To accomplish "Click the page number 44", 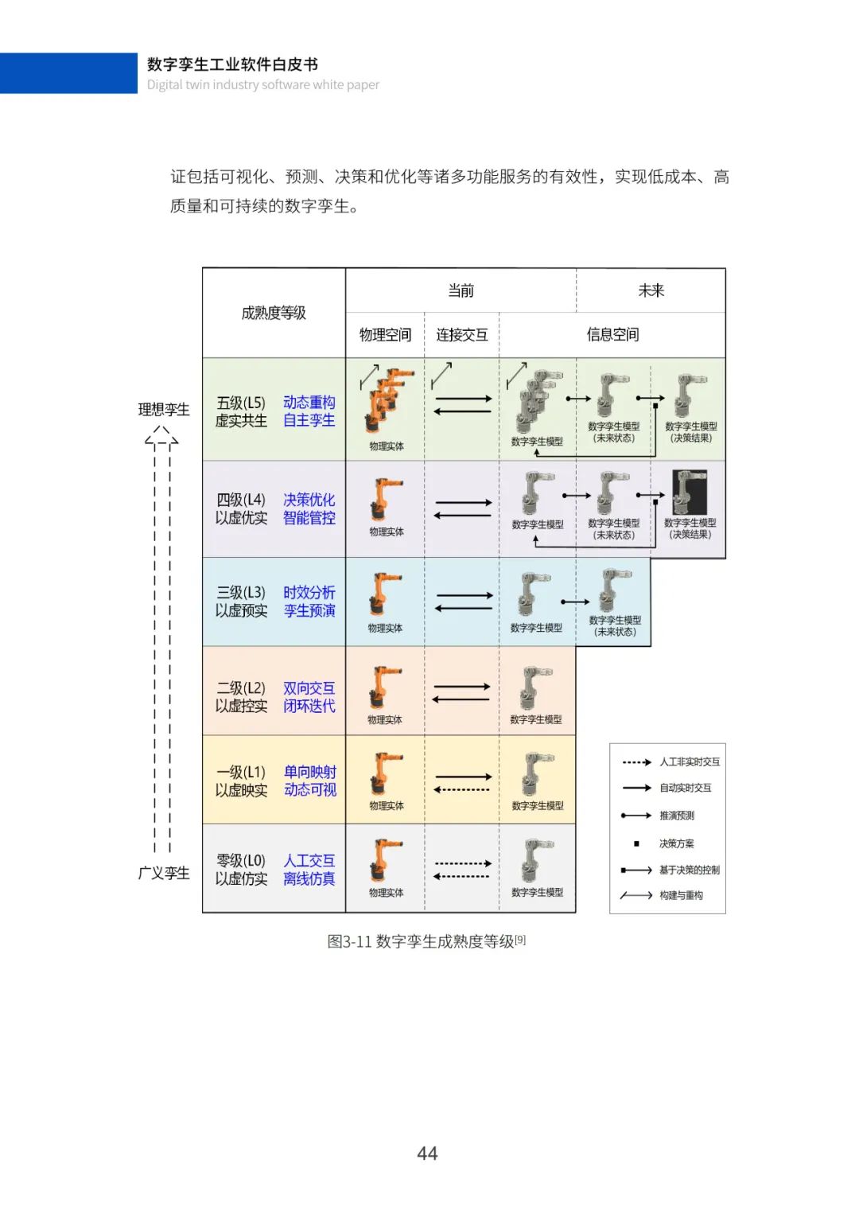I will tap(427, 1153).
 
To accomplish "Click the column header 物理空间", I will tap(385, 335).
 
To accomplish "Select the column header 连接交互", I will tap(461, 335).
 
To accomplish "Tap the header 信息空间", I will tap(612, 335).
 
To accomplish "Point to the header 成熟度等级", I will tap(274, 313).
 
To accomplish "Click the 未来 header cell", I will tap(651, 290).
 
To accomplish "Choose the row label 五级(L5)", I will tap(241, 403).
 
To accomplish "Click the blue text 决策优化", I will tap(309, 500).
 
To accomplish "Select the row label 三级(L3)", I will tap(241, 593).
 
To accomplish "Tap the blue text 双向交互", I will tap(309, 688).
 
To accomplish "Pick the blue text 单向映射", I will tap(309, 772).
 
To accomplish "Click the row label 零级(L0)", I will tap(241, 861).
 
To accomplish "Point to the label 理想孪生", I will tap(164, 410).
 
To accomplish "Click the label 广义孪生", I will tap(164, 873).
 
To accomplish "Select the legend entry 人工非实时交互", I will tap(689, 762).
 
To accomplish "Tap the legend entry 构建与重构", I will tap(681, 895).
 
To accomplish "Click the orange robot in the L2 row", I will tap(386, 687).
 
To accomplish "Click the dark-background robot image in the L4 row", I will tap(690, 492).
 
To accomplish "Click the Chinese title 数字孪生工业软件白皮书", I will tap(232, 64).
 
